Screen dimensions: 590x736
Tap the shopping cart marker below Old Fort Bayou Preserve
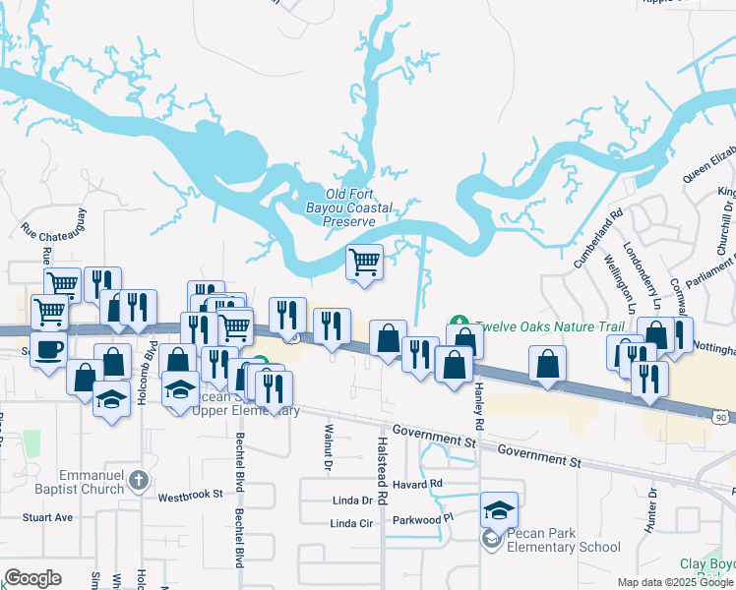(364, 263)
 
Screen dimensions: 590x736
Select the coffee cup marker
(48, 349)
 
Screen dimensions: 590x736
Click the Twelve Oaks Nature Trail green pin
(458, 322)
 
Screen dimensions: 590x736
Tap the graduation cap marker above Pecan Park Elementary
(499, 510)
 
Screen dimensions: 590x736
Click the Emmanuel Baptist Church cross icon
(139, 480)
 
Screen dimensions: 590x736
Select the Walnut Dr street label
(328, 443)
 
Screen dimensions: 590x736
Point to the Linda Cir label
(352, 523)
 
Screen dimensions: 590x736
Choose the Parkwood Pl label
(423, 516)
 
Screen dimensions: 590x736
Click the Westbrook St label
(190, 495)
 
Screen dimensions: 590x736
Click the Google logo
(32, 578)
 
